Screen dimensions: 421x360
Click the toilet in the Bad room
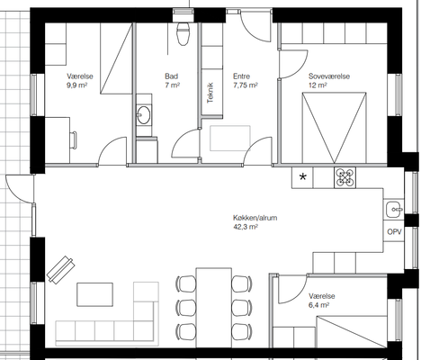coord(183,33)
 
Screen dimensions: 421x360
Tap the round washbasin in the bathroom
coord(144,114)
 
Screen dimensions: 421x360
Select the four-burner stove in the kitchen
coord(345,177)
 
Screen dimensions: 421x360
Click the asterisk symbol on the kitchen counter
coord(303,177)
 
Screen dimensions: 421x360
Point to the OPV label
coord(394,231)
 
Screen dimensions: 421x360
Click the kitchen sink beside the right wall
coord(394,210)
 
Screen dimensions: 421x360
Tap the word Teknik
coord(210,93)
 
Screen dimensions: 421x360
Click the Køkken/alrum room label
coord(255,218)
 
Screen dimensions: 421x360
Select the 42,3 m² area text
coord(246,227)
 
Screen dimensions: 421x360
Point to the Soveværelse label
coord(329,76)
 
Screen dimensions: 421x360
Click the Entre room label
coord(241,76)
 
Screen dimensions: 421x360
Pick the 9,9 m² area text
coord(76,85)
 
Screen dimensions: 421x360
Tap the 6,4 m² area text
coord(319,305)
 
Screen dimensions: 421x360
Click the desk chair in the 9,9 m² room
coord(74,139)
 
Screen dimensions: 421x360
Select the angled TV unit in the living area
coord(61,270)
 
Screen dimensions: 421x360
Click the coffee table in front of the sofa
coord(94,294)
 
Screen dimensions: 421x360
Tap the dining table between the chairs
coord(214,308)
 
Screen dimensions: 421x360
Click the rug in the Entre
coord(230,139)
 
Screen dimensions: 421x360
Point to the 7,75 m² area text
coord(246,85)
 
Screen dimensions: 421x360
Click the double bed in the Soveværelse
coord(335,128)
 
